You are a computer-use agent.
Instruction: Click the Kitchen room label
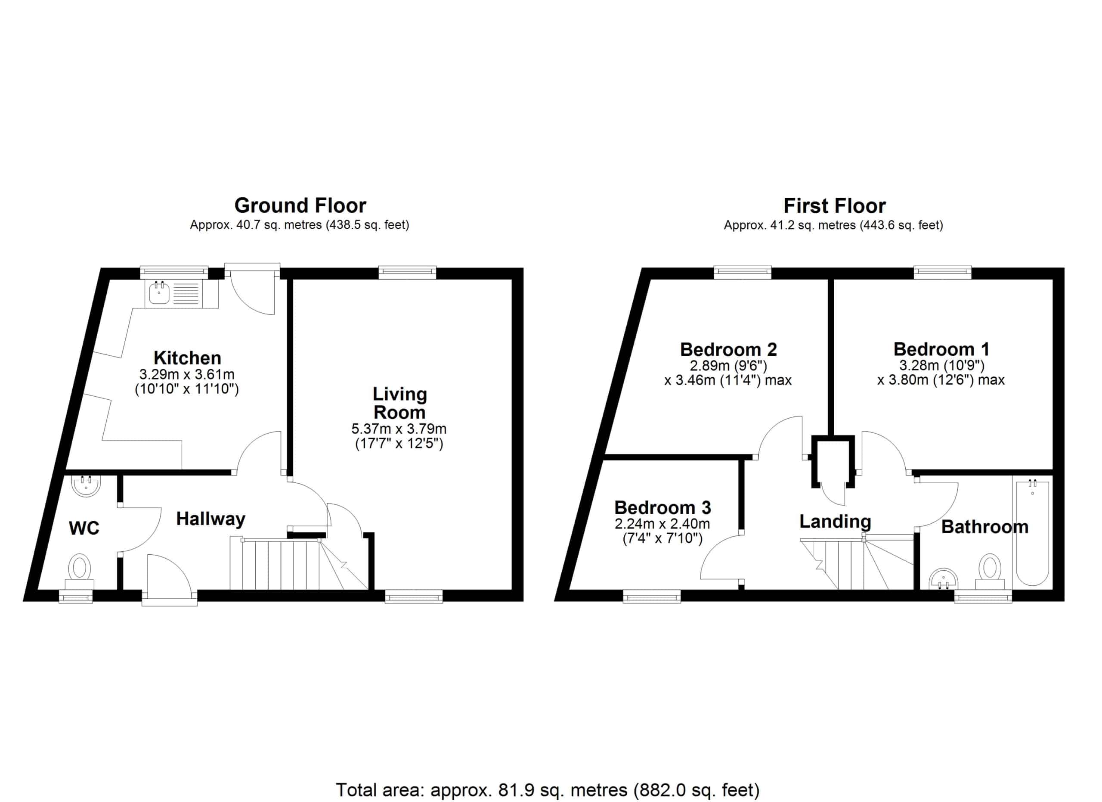[x=188, y=358]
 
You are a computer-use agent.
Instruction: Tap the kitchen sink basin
[x=159, y=293]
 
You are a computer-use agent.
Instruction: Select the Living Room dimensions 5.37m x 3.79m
[x=399, y=429]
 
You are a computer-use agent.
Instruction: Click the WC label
[x=84, y=528]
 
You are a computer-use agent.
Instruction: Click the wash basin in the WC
[x=87, y=486]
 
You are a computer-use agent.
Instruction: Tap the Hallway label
[x=210, y=519]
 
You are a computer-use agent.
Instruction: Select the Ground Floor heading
[x=300, y=205]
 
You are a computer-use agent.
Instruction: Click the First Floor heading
[x=834, y=206]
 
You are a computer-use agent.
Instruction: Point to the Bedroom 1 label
[x=941, y=349]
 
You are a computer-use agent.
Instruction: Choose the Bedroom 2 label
[x=728, y=349]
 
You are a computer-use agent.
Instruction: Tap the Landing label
[x=835, y=522]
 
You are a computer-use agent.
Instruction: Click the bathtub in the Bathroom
[x=1032, y=533]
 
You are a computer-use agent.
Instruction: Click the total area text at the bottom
[x=548, y=790]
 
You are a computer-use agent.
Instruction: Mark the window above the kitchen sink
[x=174, y=273]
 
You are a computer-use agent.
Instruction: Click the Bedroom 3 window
[x=652, y=596]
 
